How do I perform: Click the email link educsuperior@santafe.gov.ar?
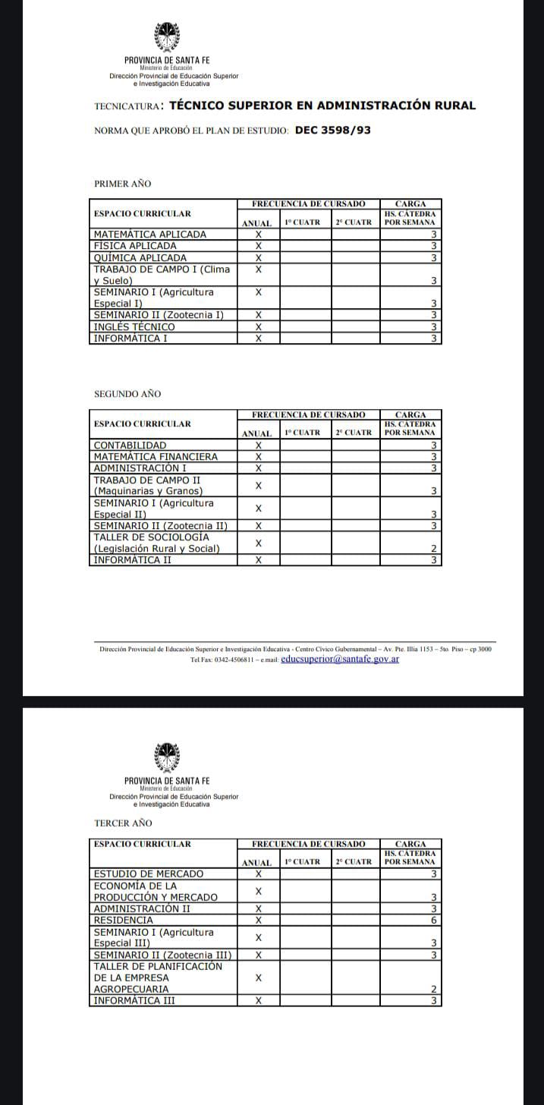click(x=340, y=659)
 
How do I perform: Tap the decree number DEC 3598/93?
click(x=332, y=130)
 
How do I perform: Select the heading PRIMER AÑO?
click(x=122, y=184)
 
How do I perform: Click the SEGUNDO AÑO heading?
click(x=127, y=395)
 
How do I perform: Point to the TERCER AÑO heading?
click(x=123, y=823)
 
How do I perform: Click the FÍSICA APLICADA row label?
click(x=135, y=246)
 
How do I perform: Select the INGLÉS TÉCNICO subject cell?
click(x=134, y=326)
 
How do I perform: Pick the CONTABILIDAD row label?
click(x=130, y=445)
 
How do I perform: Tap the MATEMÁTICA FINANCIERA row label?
click(x=156, y=457)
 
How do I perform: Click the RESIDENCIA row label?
click(x=123, y=920)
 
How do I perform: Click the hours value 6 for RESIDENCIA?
click(x=434, y=920)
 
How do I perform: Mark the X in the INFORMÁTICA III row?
click(x=258, y=1001)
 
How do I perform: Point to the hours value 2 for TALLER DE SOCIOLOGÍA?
click(x=434, y=549)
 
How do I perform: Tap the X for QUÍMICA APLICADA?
click(x=258, y=257)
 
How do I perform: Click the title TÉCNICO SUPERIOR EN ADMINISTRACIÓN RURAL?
click(x=322, y=105)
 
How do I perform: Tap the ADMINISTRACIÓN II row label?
click(x=142, y=908)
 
